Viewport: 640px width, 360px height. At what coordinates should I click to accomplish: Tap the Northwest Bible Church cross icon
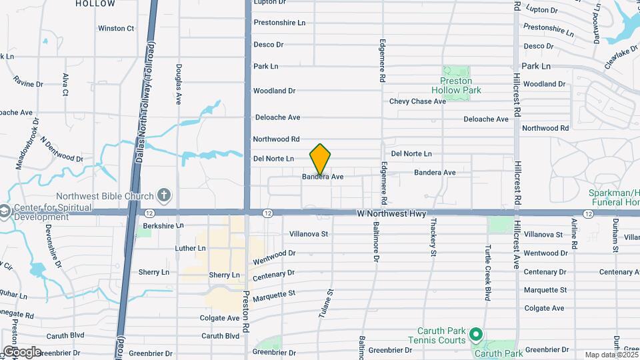tap(165, 196)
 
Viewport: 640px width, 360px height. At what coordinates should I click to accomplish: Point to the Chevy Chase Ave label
tap(417, 101)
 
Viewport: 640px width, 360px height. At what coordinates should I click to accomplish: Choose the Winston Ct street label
tap(116, 29)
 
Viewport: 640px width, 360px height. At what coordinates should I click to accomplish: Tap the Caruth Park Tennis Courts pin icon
tap(475, 333)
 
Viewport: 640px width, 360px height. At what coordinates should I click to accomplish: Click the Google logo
tap(21, 351)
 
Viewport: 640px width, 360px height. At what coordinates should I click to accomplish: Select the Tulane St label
tap(330, 303)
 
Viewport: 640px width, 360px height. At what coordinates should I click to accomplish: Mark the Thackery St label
tap(433, 237)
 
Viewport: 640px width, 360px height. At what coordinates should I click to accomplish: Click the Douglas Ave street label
tap(179, 84)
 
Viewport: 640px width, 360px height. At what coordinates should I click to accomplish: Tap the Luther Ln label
tap(190, 248)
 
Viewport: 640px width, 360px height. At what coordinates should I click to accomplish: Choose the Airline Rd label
tap(574, 235)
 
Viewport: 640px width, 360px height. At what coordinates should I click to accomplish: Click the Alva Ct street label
tap(65, 85)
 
